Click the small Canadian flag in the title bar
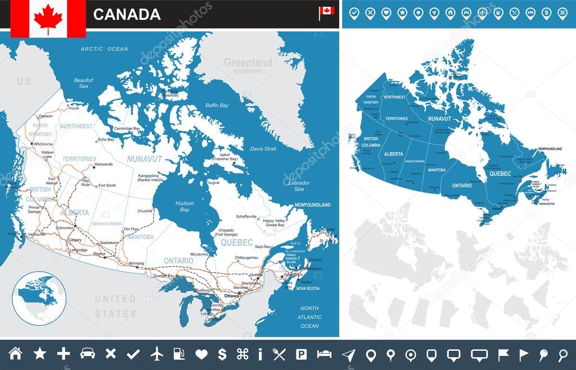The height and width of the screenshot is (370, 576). [x=326, y=11]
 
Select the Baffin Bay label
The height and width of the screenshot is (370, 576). [x=217, y=105]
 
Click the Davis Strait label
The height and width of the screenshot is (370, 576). [x=263, y=149]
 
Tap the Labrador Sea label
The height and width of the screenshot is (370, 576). [x=299, y=186]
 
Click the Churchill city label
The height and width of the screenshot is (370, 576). [x=145, y=211]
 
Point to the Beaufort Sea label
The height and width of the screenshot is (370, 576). [x=83, y=83]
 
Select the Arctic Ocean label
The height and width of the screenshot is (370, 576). [x=104, y=49]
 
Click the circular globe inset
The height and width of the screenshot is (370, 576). [x=39, y=297]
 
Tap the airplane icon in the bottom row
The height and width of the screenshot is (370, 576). [x=157, y=354]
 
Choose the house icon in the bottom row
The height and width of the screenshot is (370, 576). [x=16, y=354]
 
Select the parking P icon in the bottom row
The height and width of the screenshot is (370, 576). [x=301, y=354]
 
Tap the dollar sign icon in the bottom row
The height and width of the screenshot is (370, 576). [x=222, y=354]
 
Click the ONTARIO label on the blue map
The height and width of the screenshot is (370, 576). [x=462, y=185]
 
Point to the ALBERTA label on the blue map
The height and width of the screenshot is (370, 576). [x=394, y=154]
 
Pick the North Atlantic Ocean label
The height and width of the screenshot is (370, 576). [x=309, y=317]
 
